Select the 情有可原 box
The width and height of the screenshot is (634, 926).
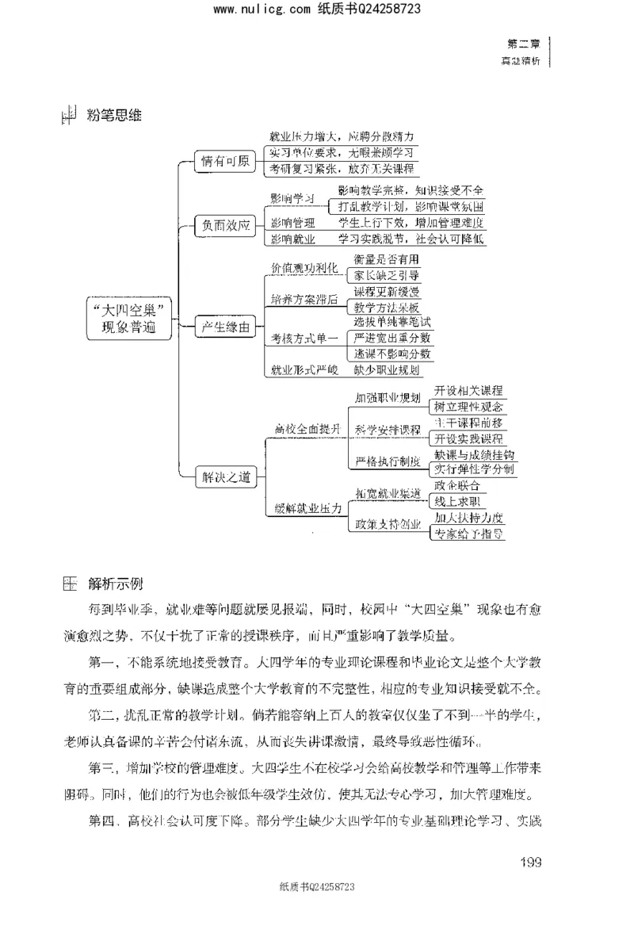coord(226,163)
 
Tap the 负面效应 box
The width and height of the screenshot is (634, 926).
coord(226,225)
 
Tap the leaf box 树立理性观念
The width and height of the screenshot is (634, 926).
coord(468,406)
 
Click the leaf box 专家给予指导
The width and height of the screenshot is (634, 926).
coord(468,534)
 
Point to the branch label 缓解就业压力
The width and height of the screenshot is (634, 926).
coord(307,507)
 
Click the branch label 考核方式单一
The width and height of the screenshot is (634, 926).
coord(304,339)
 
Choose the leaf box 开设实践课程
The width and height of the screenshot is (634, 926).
coord(468,438)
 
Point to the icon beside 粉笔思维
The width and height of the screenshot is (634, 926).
coord(68,117)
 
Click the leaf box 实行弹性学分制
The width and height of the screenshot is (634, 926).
coord(474,470)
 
